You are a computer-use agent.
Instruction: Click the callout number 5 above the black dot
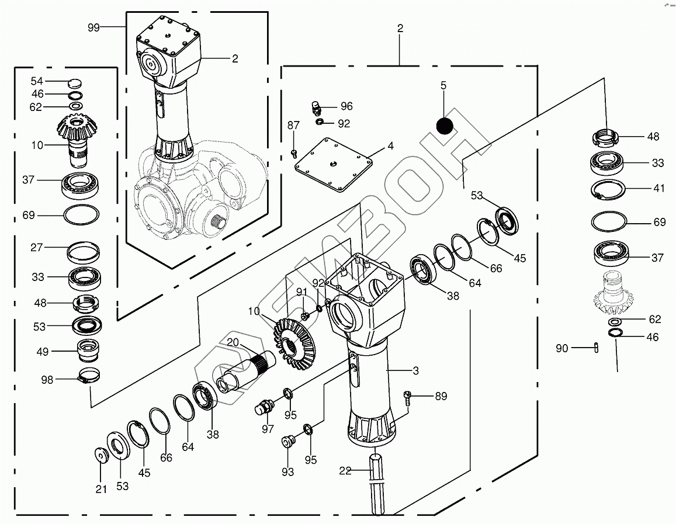click(443, 86)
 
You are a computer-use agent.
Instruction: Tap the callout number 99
click(94, 27)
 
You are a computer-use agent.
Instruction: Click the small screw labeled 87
click(294, 153)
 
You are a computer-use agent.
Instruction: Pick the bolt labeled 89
click(408, 397)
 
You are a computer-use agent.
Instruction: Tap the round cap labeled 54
click(75, 82)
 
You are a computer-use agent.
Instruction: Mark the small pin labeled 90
click(595, 348)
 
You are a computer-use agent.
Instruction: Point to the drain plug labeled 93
click(287, 442)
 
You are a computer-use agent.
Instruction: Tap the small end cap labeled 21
click(100, 454)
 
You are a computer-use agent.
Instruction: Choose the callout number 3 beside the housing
click(415, 370)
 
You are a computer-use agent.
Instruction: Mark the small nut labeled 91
click(304, 316)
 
